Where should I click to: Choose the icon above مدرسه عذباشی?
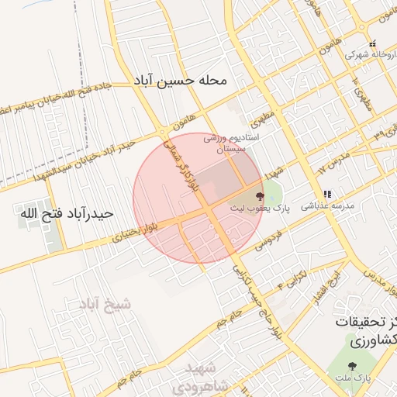pyautogui.click(x=327, y=194)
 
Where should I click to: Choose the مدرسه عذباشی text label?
pyautogui.click(x=333, y=207)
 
